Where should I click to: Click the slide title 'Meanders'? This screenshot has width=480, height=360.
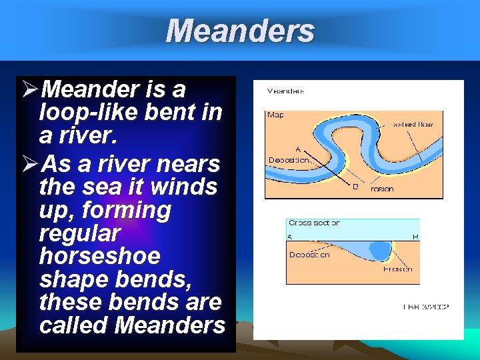(240, 31)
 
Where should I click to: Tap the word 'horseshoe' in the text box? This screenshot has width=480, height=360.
(99, 256)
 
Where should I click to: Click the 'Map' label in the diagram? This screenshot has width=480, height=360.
(275, 115)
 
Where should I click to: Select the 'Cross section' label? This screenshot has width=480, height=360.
(314, 223)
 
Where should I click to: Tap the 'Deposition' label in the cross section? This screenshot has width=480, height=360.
(309, 255)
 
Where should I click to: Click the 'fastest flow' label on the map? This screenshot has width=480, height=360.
(413, 124)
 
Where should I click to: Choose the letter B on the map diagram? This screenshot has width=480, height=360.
(355, 187)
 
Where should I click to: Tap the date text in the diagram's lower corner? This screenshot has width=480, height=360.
(426, 307)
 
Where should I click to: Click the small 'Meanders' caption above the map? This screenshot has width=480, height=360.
(285, 91)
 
